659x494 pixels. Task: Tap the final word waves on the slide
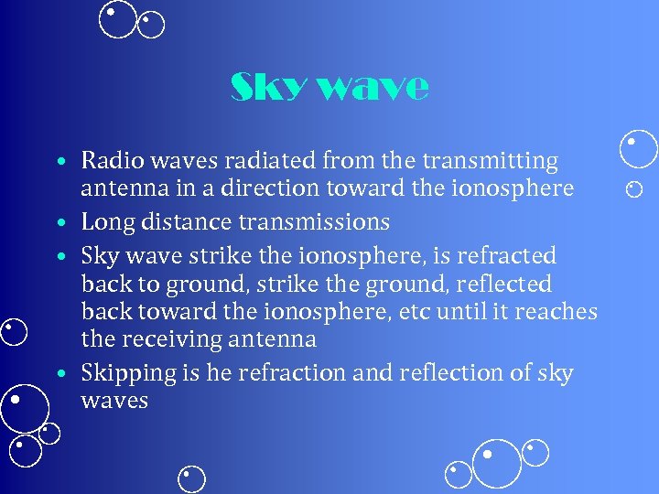coord(114,401)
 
